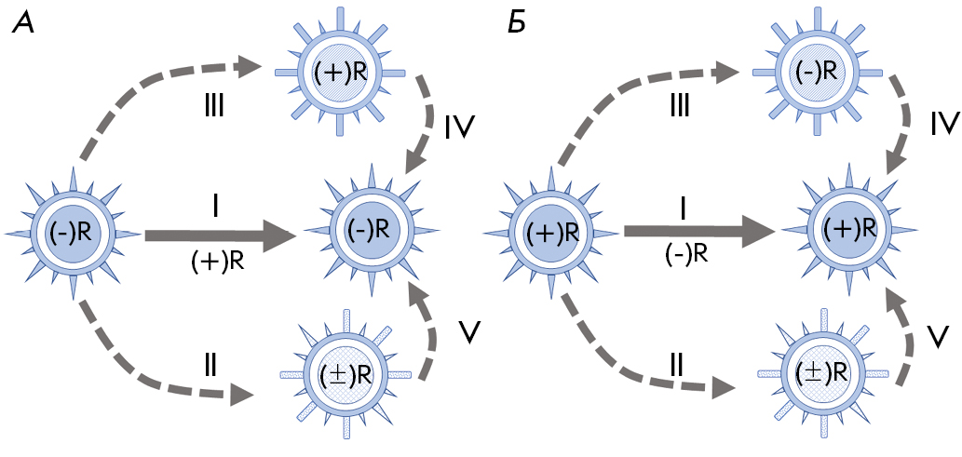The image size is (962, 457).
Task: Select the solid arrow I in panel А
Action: [x=220, y=236]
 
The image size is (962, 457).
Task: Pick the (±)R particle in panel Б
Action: [x=820, y=370]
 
